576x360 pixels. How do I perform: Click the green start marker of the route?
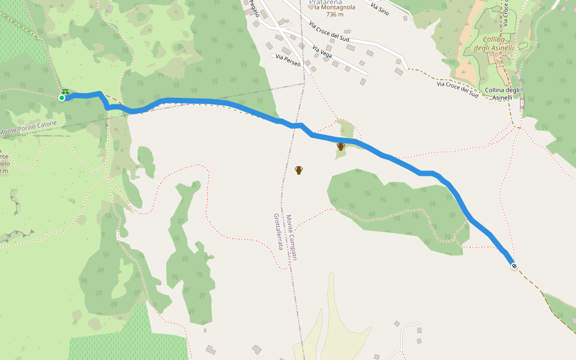[61, 98]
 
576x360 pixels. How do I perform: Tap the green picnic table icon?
[65, 92]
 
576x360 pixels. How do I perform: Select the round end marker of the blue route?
[514, 266]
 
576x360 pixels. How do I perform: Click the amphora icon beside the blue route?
[340, 146]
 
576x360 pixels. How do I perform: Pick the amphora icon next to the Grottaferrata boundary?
[299, 170]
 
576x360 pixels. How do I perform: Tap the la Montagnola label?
[335, 7]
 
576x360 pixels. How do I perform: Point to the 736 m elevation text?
[335, 14]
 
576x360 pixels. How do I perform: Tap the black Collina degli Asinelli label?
[502, 94]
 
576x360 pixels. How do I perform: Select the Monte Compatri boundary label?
[292, 238]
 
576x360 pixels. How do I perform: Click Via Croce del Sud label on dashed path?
[458, 89]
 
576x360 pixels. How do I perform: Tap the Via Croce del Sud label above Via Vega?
[329, 31]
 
